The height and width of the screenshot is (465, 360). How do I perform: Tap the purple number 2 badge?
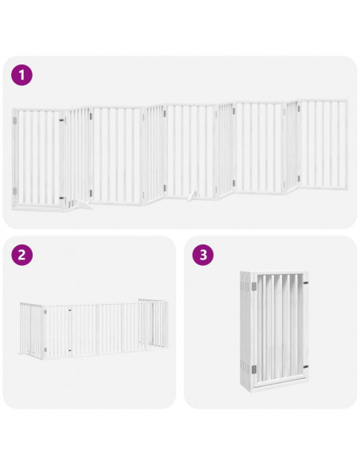[x=23, y=256]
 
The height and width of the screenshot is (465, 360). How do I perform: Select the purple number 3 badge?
[x=204, y=256]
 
